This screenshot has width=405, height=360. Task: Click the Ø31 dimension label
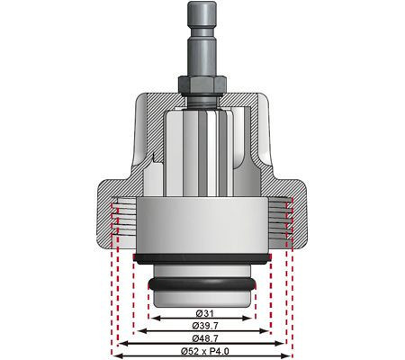point(202,311)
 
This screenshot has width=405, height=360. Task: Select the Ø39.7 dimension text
point(202,324)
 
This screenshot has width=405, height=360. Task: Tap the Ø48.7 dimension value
point(202,337)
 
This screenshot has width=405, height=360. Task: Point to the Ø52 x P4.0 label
point(202,349)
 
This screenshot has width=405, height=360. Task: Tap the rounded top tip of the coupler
point(202,5)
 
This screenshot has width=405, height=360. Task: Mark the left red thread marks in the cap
point(115,220)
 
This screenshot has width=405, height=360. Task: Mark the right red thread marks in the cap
point(288,220)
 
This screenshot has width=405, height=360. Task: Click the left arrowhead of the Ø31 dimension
point(153,318)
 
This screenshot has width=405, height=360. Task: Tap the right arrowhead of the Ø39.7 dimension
point(267,330)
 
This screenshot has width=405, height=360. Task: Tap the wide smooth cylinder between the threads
point(202,225)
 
